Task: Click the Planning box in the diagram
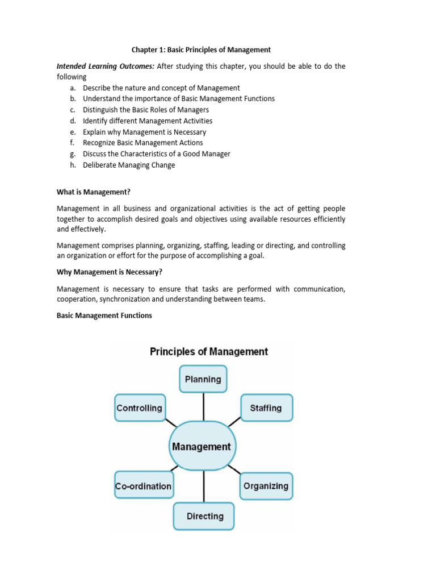click(x=203, y=379)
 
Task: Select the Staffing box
click(x=266, y=408)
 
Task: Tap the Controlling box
click(x=140, y=408)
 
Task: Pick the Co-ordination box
click(x=143, y=486)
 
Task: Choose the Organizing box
click(x=266, y=486)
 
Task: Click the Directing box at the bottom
click(x=204, y=516)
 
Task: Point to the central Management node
click(x=201, y=447)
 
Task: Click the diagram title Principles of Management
click(x=208, y=351)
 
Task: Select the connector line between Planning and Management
click(x=203, y=407)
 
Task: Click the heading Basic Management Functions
click(x=104, y=315)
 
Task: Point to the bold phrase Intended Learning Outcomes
click(x=105, y=66)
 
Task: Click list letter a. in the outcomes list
click(x=73, y=88)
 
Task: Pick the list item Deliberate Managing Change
click(x=129, y=165)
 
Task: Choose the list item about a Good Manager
click(x=156, y=154)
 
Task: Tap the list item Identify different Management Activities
click(x=148, y=121)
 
